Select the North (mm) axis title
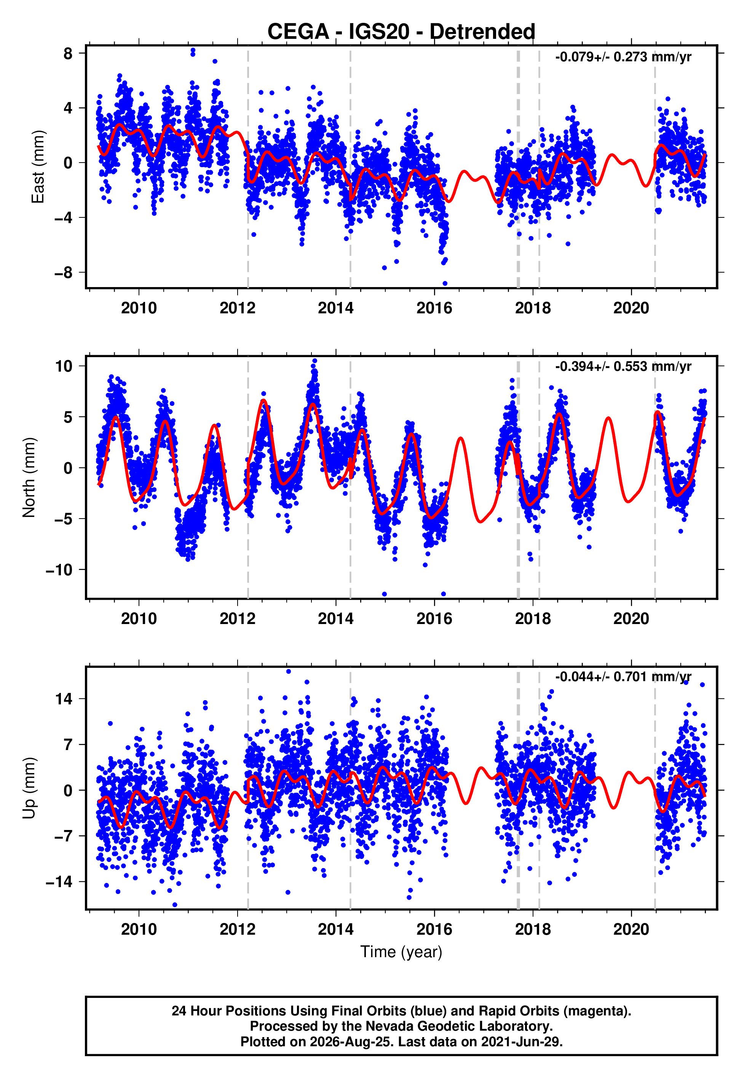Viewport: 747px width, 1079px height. [29, 477]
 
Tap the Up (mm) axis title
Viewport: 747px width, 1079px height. [29, 788]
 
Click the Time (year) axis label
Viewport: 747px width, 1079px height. [401, 952]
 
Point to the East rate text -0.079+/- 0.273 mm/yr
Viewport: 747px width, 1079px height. [623, 57]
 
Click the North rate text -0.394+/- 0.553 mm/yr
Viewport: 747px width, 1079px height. [623, 366]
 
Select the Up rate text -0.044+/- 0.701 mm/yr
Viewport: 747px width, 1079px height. [623, 677]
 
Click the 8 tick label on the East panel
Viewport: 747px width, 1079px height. [68, 53]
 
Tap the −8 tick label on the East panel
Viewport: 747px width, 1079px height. [64, 272]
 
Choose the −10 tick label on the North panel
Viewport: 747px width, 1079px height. [59, 570]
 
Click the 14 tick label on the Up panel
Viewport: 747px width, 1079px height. [64, 699]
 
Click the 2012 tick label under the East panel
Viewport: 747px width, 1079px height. [237, 308]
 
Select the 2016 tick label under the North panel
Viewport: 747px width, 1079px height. [434, 619]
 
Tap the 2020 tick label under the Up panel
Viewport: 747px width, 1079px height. [631, 929]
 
